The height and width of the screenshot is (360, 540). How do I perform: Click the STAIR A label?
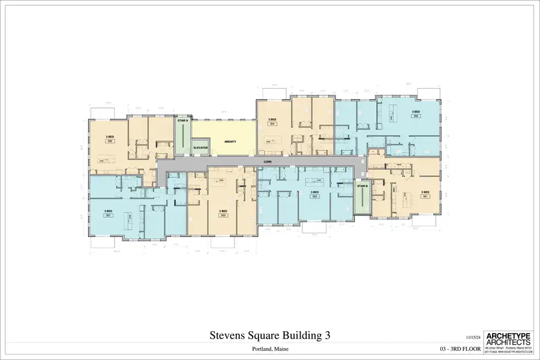coord(183,121)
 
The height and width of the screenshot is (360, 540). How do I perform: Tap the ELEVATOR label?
coord(200,147)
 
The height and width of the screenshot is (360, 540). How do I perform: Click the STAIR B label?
coord(362,186)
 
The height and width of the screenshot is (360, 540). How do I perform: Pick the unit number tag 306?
coord(110,141)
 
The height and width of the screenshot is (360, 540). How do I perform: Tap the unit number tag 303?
coord(314,196)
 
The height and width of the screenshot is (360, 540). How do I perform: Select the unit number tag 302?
coord(415,116)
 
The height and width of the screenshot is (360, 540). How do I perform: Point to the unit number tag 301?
coord(425,196)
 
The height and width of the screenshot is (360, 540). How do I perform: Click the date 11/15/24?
coord(473,338)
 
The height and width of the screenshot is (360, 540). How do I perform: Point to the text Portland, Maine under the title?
coord(269,349)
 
